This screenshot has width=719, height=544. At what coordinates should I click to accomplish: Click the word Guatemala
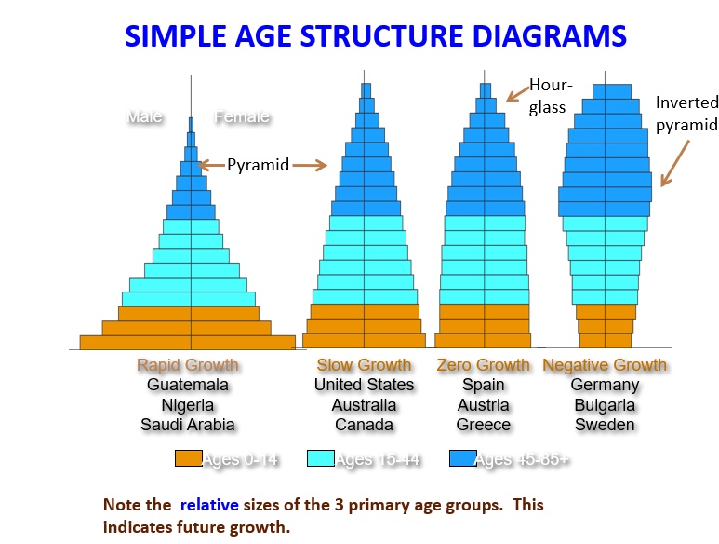pos(188,385)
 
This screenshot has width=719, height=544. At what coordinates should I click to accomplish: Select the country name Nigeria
pos(188,405)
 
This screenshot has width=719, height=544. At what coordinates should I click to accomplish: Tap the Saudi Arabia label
pos(188,425)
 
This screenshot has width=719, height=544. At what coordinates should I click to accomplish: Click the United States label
pos(364,385)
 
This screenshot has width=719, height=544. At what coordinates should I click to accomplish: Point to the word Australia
pos(364,405)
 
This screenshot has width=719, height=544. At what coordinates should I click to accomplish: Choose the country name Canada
pos(364,425)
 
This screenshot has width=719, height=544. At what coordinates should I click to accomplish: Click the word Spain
pos(484,385)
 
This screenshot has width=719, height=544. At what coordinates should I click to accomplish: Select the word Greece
pos(484,425)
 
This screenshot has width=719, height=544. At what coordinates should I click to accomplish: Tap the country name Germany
pos(605,385)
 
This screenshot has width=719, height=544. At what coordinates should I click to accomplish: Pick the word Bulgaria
pos(605,405)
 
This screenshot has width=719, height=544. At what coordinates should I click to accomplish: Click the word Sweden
pos(605,425)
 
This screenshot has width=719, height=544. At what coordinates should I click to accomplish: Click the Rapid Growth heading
pos(188,365)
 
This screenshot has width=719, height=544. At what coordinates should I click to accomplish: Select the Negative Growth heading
pos(605,365)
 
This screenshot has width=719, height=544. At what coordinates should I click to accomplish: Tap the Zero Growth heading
pos(484,365)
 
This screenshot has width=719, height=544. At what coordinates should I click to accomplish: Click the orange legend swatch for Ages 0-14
pos(188,458)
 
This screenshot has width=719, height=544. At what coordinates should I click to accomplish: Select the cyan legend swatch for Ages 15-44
pos(320,458)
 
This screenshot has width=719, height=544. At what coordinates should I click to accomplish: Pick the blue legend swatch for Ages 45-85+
pos(461,458)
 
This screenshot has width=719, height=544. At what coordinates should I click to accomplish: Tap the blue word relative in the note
pos(209,505)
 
